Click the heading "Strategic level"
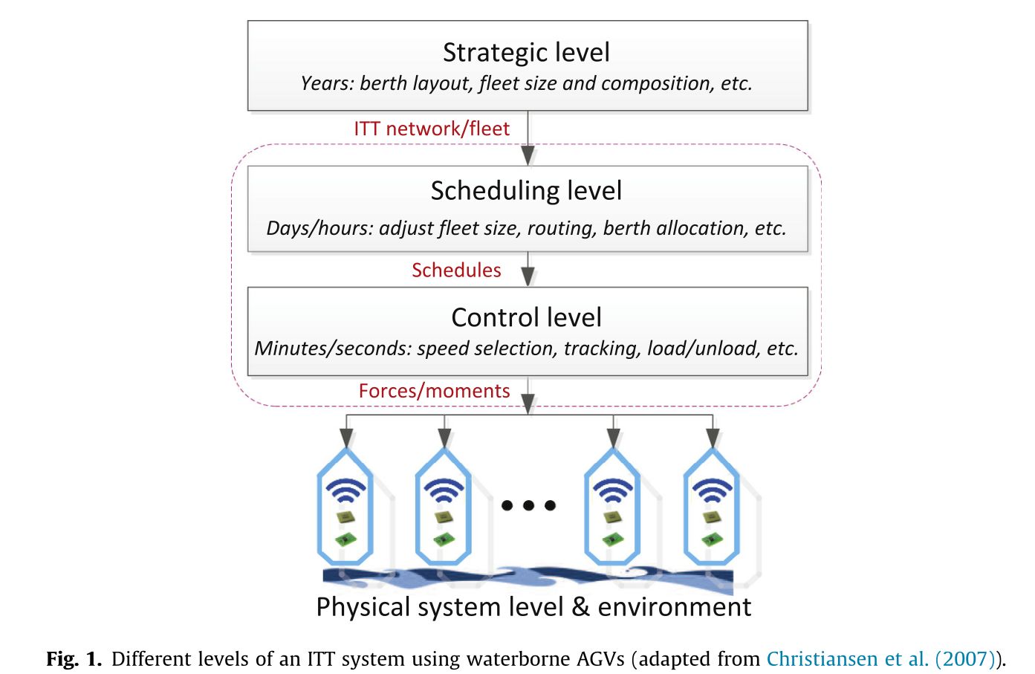[526, 53]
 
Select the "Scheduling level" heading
[526, 191]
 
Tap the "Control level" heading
[526, 317]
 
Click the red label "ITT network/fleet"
[432, 129]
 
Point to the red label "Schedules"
[456, 270]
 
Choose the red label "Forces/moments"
[434, 391]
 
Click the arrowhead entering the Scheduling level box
[528, 155]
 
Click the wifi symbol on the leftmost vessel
[345, 490]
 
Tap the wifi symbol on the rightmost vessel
[712, 490]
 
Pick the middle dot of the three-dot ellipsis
[528, 505]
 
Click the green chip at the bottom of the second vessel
[443, 539]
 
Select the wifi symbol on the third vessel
[612, 490]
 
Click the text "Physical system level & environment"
[533, 607]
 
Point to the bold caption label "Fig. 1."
[74, 658]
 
